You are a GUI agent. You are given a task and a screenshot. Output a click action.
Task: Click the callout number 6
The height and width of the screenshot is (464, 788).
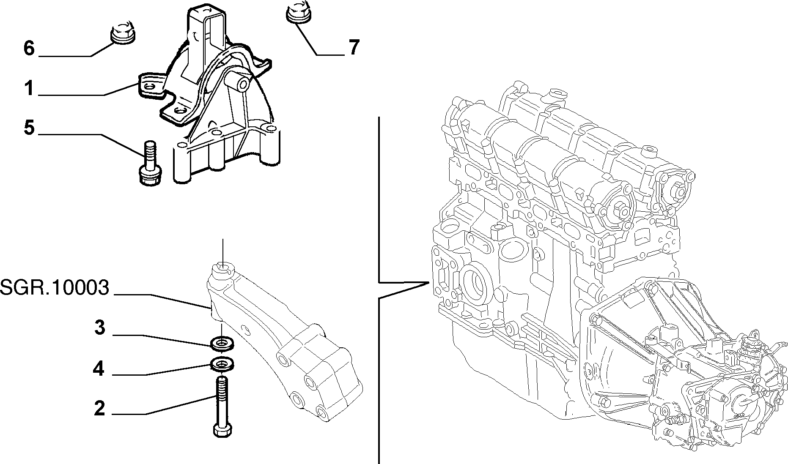[x=29, y=48]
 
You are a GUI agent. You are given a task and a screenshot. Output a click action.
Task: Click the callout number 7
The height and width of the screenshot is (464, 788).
[x=354, y=48]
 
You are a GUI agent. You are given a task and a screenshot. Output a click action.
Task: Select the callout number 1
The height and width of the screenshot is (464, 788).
[x=29, y=89]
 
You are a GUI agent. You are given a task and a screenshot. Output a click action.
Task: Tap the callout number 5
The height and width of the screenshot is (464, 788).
[x=29, y=127]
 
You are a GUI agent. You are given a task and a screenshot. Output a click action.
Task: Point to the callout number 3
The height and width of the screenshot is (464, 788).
[x=99, y=328]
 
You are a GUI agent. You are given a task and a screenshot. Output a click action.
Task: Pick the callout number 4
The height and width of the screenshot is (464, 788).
[x=99, y=368]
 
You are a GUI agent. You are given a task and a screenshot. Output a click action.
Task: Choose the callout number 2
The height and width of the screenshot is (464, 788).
[x=99, y=408]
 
